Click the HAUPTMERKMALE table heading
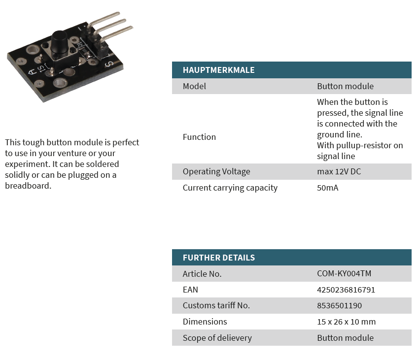218,70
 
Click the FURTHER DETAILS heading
218,258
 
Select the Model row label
194,86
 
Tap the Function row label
199,137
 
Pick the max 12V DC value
339,171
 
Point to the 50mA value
328,188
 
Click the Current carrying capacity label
230,188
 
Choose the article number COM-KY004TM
344,273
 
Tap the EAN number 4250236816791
346,290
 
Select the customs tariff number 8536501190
339,305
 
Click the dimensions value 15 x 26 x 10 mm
347,322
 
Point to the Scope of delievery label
217,338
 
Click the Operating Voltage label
216,172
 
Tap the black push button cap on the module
59,41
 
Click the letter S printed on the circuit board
109,64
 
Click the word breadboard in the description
28,186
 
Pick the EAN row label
190,290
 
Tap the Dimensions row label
205,322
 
